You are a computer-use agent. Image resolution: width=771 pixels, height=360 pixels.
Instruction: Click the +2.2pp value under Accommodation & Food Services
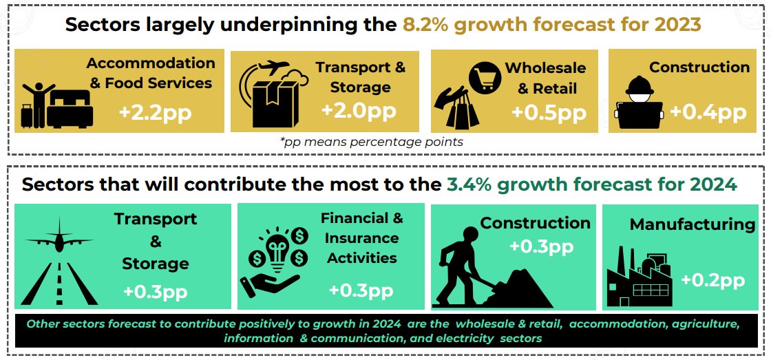pyautogui.click(x=155, y=112)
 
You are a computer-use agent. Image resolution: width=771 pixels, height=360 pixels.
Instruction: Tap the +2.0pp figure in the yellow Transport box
pyautogui.click(x=359, y=110)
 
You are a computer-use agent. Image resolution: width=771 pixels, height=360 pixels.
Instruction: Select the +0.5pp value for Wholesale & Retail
pyautogui.click(x=549, y=112)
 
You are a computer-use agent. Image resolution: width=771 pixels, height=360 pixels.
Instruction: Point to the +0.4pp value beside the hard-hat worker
pyautogui.click(x=708, y=112)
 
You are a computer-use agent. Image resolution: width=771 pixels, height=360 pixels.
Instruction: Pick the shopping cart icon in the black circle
pyautogui.click(x=485, y=78)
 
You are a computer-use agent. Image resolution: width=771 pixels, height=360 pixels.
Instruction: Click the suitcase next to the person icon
pyautogui.click(x=27, y=116)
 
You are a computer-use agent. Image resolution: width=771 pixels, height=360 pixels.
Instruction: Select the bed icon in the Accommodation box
pyautogui.click(x=70, y=109)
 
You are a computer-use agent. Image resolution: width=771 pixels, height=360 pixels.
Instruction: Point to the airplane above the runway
pyautogui.click(x=59, y=240)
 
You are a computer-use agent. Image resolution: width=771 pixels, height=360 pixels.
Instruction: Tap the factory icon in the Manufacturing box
pyautogui.click(x=640, y=278)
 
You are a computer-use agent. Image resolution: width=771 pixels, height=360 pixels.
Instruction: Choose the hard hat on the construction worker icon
pyautogui.click(x=640, y=86)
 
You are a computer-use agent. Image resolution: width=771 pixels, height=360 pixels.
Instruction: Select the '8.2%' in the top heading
pyautogui.click(x=425, y=24)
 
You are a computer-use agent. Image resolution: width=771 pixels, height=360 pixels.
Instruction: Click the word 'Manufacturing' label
pyautogui.click(x=693, y=225)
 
